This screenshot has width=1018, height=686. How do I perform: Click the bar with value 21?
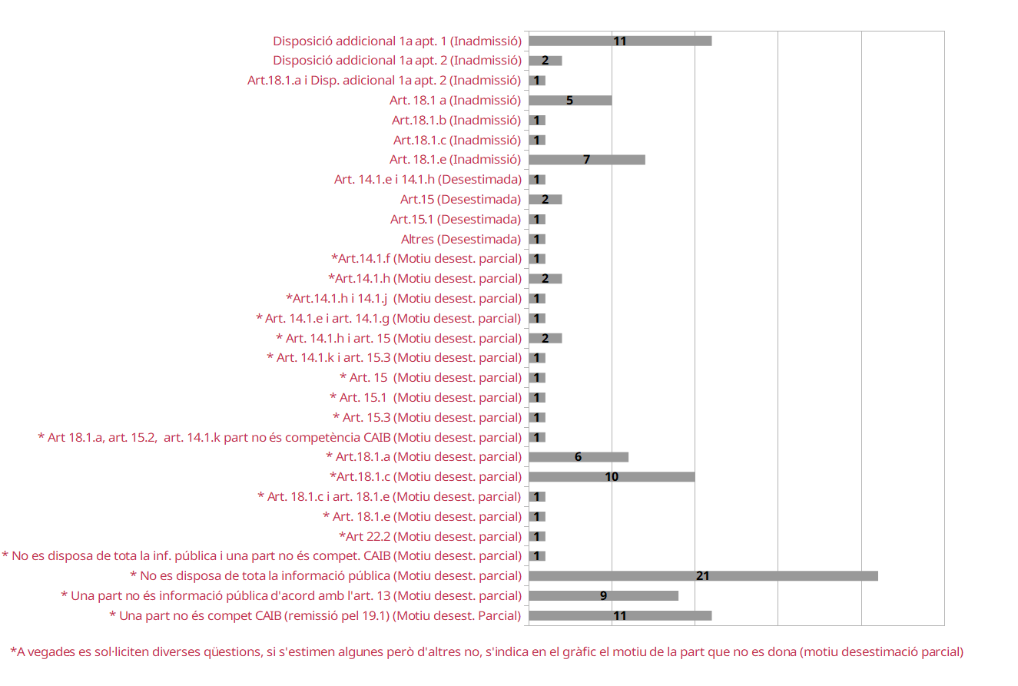[x=703, y=576]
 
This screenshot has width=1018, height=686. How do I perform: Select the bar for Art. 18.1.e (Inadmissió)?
[x=587, y=160]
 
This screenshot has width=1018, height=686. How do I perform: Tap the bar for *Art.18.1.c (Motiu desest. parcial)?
[x=612, y=476]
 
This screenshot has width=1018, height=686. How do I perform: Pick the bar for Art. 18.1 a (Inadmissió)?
[x=570, y=101]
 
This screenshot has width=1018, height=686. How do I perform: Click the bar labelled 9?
[x=604, y=595]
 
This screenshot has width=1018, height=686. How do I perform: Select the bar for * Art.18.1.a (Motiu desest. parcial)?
[x=579, y=457]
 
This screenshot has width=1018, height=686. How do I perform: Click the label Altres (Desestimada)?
[x=461, y=239]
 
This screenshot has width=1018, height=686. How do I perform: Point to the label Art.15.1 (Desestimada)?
[x=456, y=220]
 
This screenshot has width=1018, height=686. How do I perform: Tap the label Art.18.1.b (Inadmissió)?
[x=456, y=120]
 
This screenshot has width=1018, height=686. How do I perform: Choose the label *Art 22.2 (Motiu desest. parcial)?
[x=430, y=536]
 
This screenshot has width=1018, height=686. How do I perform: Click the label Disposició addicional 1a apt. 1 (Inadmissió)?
[x=397, y=41]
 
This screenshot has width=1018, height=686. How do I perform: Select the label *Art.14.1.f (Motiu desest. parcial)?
[x=426, y=259]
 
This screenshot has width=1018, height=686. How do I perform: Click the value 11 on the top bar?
[x=620, y=41]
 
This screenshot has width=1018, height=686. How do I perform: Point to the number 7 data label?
[x=587, y=160]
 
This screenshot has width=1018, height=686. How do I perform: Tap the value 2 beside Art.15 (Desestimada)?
[x=545, y=200]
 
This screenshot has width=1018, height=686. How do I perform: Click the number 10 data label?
[x=612, y=476]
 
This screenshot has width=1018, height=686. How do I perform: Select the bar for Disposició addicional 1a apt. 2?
[x=545, y=61]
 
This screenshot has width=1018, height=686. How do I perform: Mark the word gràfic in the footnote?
[x=579, y=652]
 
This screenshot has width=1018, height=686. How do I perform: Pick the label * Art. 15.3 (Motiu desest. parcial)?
[x=427, y=417]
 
